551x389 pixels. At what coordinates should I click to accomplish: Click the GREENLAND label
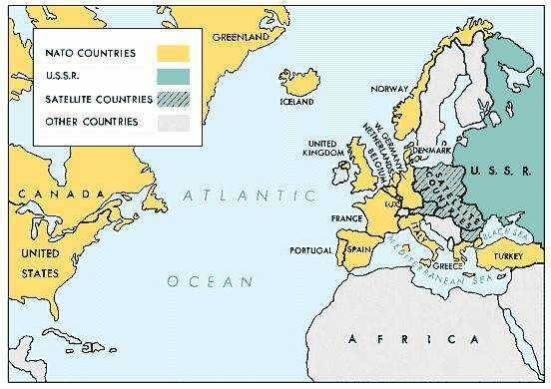click(x=234, y=38)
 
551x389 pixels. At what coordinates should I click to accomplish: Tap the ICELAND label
click(x=300, y=99)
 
